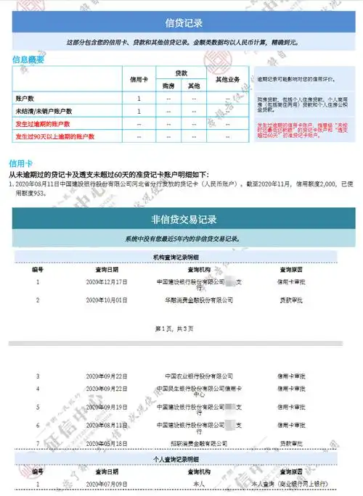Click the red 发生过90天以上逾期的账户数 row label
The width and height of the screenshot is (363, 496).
tap(56, 136)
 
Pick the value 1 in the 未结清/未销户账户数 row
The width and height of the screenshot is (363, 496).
tap(138, 111)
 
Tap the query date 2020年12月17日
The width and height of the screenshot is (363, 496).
tap(106, 281)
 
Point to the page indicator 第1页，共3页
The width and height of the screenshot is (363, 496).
tap(175, 328)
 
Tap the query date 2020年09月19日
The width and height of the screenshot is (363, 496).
tap(106, 408)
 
